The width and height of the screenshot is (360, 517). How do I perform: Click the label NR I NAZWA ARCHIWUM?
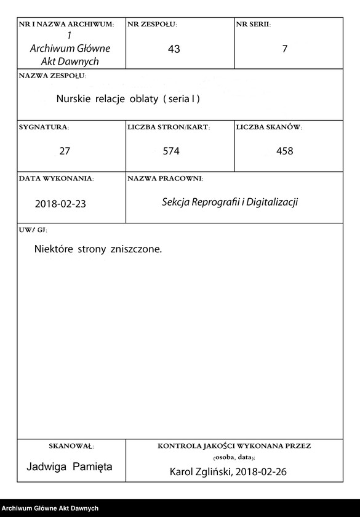66,25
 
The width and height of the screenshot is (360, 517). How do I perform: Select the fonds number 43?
174,49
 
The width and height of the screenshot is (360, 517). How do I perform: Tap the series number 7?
284,49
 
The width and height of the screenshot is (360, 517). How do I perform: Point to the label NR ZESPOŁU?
152,25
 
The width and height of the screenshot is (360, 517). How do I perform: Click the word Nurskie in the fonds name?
73,98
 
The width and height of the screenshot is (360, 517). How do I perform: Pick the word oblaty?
145,98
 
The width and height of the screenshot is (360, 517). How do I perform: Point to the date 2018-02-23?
61,204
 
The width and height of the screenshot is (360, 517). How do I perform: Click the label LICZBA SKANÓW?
268,127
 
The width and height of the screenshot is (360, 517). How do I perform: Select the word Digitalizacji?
272,202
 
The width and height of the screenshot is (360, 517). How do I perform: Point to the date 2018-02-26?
261,472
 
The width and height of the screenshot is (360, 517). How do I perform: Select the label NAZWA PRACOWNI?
165,178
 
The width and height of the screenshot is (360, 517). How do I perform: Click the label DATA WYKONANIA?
56,178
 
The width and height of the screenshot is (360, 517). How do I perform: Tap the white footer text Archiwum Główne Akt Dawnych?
50,508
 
